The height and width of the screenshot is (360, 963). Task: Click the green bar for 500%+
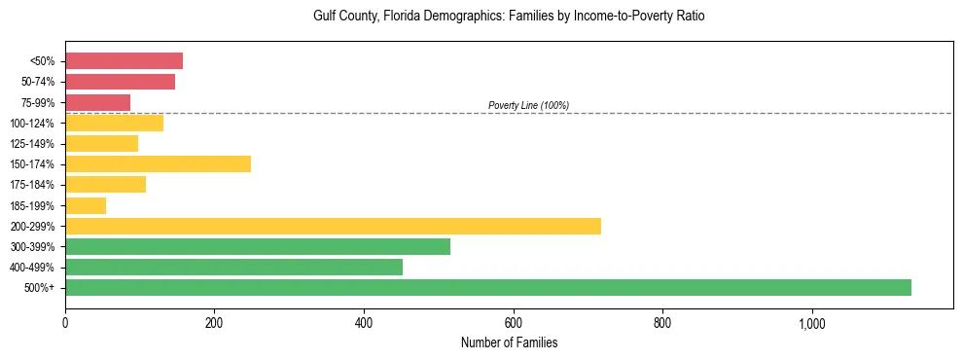pyautogui.click(x=487, y=287)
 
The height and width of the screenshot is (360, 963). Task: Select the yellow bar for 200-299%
pyautogui.click(x=333, y=226)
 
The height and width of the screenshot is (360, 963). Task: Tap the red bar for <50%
pyautogui.click(x=124, y=61)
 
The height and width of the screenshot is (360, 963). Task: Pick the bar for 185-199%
pyautogui.click(x=86, y=205)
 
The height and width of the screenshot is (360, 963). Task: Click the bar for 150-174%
pyautogui.click(x=158, y=163)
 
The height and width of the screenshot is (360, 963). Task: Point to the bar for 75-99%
pyautogui.click(x=97, y=102)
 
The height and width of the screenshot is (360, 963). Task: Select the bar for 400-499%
pyautogui.click(x=233, y=267)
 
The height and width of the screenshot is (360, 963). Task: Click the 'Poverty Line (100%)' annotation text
pyautogui.click(x=528, y=105)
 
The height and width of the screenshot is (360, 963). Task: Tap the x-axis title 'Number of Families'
pyautogui.click(x=509, y=343)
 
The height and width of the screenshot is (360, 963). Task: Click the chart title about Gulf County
pyautogui.click(x=509, y=17)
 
